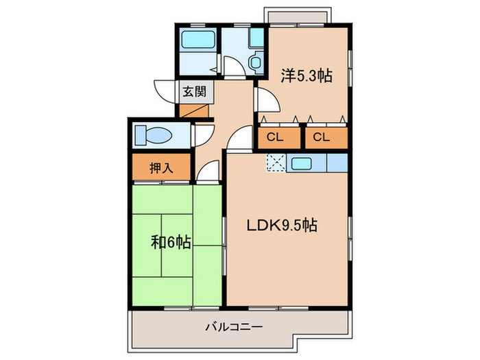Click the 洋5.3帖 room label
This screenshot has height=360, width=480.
306,75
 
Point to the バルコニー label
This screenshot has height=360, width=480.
234,328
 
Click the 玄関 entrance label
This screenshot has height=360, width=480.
190,91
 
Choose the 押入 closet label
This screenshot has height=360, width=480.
161,168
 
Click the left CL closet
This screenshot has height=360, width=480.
275,137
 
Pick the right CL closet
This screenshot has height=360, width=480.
321,137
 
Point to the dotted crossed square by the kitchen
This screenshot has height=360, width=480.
275,163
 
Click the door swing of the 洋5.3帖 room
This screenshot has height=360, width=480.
267,101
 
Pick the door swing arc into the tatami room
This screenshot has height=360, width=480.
210,171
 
